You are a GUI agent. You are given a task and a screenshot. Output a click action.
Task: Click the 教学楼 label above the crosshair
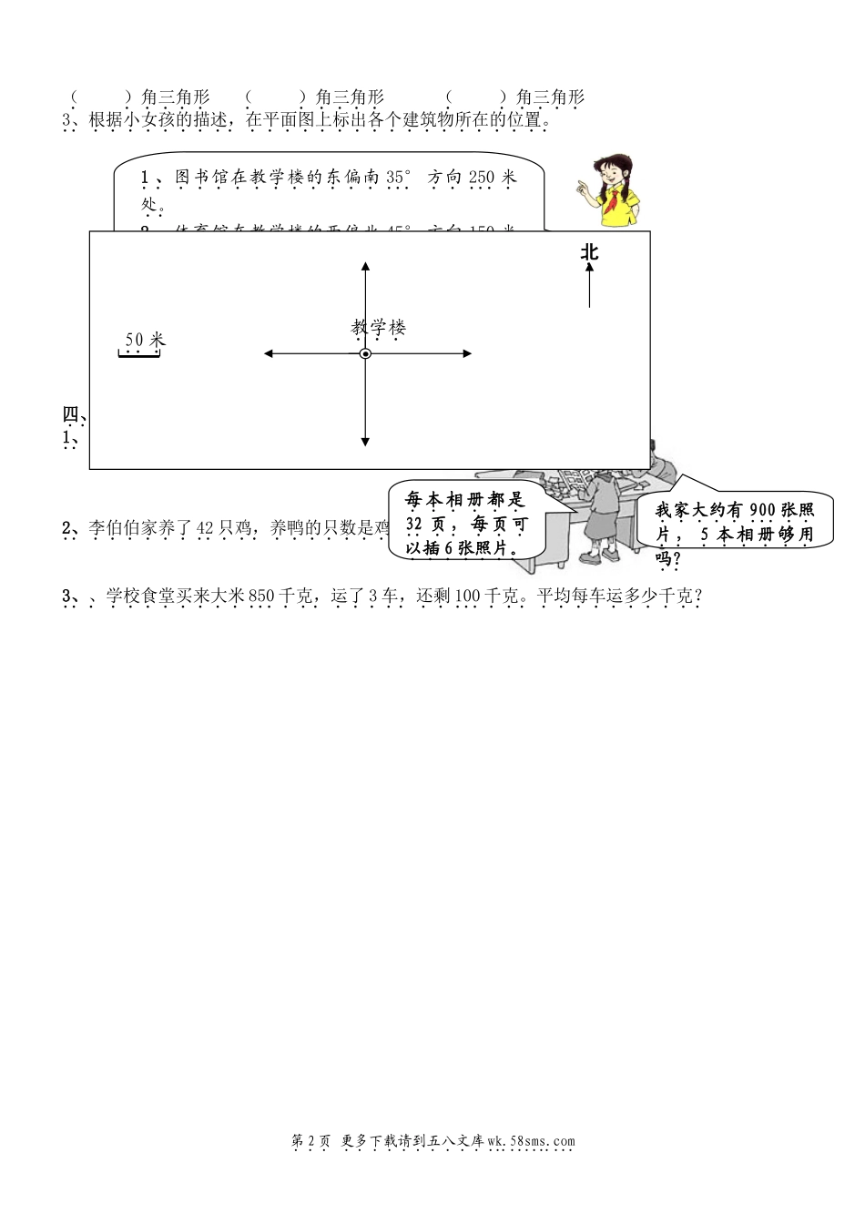(x=378, y=328)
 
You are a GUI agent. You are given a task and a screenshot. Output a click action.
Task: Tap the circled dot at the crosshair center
(x=365, y=353)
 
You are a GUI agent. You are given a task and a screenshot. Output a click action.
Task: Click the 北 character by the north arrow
(x=590, y=252)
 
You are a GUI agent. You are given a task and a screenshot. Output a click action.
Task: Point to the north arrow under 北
(x=590, y=286)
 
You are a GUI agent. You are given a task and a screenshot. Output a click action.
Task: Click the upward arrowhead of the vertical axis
(x=365, y=267)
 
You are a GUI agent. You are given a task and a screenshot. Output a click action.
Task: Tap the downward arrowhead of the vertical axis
(x=365, y=441)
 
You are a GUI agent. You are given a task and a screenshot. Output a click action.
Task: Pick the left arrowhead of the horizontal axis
(x=269, y=353)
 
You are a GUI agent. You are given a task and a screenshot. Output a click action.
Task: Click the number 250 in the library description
(x=481, y=178)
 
